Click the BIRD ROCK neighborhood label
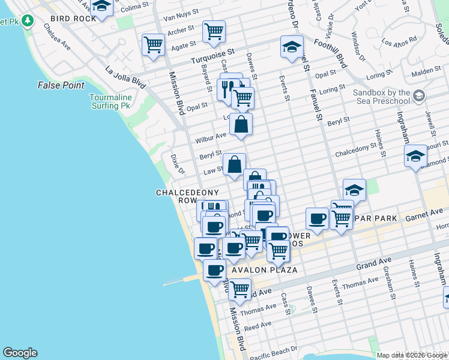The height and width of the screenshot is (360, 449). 73,19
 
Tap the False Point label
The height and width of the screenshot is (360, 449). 61,85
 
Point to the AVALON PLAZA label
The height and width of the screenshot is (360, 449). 265,270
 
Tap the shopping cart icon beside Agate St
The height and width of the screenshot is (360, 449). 153,44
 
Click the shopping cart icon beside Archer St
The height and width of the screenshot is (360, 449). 214,31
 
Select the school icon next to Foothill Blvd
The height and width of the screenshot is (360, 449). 291,47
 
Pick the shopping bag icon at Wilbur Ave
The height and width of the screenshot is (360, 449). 241,124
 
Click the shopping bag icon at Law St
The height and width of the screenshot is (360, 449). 234,164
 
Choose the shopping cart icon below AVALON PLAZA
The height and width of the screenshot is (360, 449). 240,289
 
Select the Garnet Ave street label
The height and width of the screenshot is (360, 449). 428,214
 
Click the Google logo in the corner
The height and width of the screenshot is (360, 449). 20,353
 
